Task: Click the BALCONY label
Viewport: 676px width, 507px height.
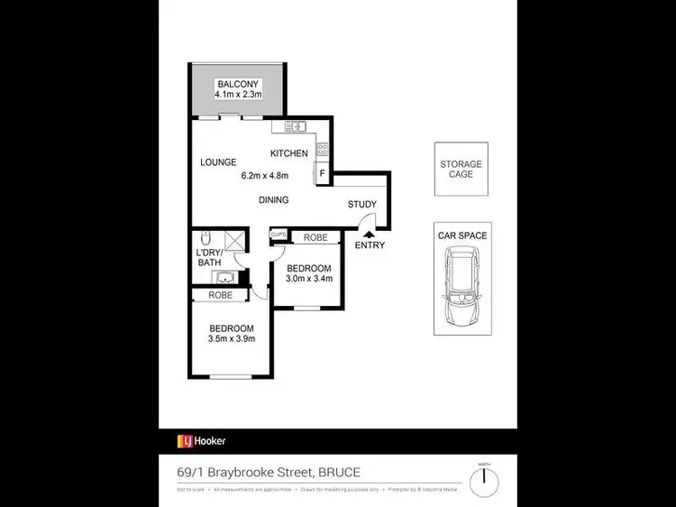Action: pyautogui.click(x=238, y=84)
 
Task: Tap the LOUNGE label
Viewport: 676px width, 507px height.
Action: pyautogui.click(x=218, y=162)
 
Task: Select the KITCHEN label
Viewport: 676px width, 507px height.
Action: pyautogui.click(x=289, y=153)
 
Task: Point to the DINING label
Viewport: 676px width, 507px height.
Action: pyautogui.click(x=274, y=200)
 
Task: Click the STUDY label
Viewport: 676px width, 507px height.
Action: pyautogui.click(x=362, y=205)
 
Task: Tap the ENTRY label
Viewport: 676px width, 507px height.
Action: pyautogui.click(x=370, y=245)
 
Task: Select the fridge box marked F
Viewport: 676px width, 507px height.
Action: pyautogui.click(x=322, y=173)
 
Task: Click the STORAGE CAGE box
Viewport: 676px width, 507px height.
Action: pyautogui.click(x=461, y=170)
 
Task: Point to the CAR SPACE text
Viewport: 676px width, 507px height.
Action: pyautogui.click(x=461, y=235)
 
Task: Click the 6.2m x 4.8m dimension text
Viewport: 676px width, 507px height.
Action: pyautogui.click(x=261, y=176)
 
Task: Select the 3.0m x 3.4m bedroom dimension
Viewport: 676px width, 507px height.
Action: pyautogui.click(x=310, y=279)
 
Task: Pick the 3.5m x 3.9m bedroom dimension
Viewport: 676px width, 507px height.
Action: pyautogui.click(x=232, y=339)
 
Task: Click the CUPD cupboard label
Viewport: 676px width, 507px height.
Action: pyautogui.click(x=279, y=235)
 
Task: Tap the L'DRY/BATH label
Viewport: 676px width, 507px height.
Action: pyautogui.click(x=209, y=257)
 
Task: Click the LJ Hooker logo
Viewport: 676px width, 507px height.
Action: pyautogui.click(x=201, y=441)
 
